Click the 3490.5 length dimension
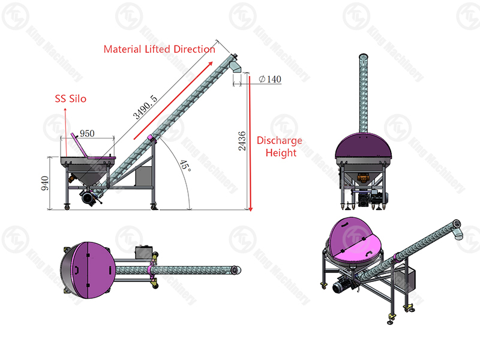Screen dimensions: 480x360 pyautogui.click(x=145, y=107)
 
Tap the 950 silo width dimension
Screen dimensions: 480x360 pyautogui.click(x=87, y=133)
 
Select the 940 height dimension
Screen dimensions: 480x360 pyautogui.click(x=44, y=183)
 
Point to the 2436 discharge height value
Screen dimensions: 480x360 pyautogui.click(x=242, y=141)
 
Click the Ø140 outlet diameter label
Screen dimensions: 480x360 pyautogui.click(x=270, y=79)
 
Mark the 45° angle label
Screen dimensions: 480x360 pyautogui.click(x=185, y=166)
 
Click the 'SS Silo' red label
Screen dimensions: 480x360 pyautogui.click(x=70, y=98)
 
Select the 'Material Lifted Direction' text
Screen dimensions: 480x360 pyautogui.click(x=159, y=49)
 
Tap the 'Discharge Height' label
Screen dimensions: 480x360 pyautogui.click(x=280, y=146)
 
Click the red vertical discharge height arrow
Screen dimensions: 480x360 pyautogui.click(x=250, y=143)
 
